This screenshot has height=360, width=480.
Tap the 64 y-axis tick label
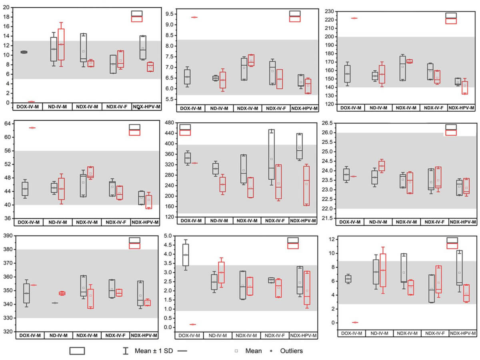(7, 124)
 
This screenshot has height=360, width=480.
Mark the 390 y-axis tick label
(7, 236)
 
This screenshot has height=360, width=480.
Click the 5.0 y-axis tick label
(169, 236)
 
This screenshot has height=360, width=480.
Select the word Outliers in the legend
(292, 351)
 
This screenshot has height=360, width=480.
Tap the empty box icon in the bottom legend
(77, 351)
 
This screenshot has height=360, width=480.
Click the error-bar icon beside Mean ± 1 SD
(126, 351)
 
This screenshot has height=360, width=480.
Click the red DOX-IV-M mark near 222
(354, 18)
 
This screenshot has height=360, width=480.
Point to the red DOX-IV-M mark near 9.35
(194, 17)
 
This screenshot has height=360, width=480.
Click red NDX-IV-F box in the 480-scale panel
(278, 182)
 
